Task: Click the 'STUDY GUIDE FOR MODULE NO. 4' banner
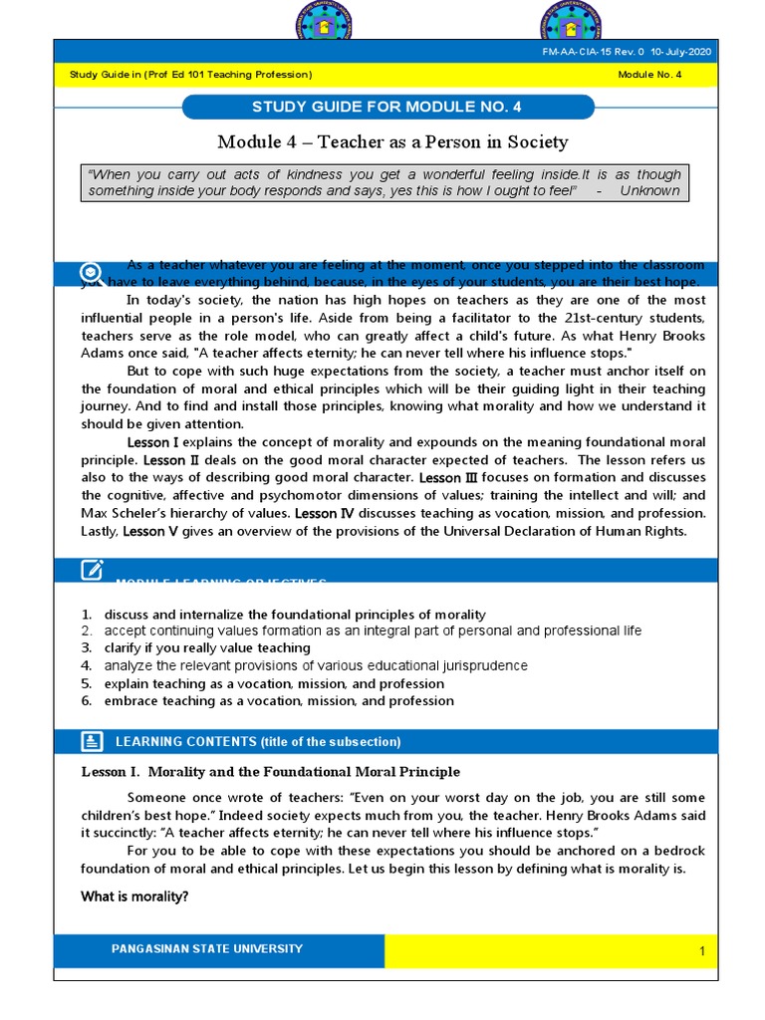pos(387,108)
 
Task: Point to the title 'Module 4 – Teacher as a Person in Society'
pos(392,141)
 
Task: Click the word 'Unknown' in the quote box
pos(649,190)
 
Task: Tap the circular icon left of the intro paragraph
pos(91,272)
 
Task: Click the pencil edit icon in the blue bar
pos(92,570)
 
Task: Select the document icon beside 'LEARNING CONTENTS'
pos(92,741)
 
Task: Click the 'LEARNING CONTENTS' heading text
pos(258,742)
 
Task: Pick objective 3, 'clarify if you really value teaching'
pos(207,647)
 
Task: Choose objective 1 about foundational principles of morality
pos(295,614)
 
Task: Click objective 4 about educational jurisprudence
pos(316,665)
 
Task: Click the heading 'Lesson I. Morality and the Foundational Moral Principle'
pos(270,772)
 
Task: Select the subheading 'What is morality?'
pos(134,896)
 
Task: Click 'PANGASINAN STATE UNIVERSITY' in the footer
pos(207,949)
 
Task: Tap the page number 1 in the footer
pos(701,952)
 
